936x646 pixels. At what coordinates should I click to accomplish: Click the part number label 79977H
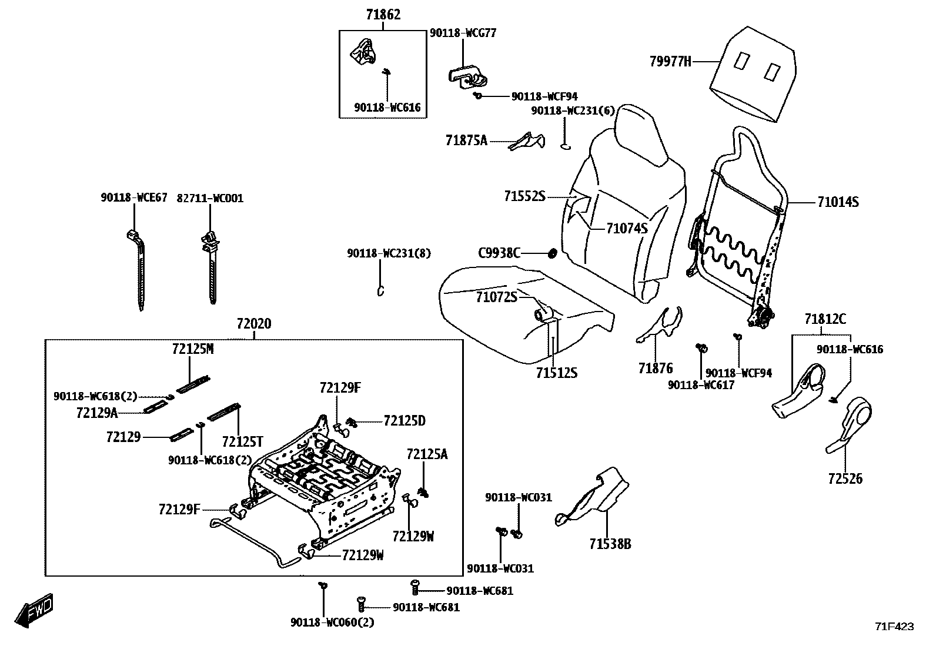tap(670, 61)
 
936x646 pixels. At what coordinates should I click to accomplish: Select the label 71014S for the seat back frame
tap(838, 202)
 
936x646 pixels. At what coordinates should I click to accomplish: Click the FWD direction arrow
tap(35, 611)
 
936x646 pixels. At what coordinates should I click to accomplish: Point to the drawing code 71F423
tap(894, 627)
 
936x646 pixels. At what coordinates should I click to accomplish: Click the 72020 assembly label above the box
tap(254, 324)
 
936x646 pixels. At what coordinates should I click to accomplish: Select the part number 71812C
tap(825, 320)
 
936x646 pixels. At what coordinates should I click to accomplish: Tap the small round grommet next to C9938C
tap(553, 253)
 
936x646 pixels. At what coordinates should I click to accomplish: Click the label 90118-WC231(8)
tap(389, 253)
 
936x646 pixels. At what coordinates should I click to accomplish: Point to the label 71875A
tap(466, 140)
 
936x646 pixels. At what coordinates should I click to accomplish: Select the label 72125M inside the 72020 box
tap(193, 349)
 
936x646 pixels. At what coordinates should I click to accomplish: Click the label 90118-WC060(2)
tap(332, 622)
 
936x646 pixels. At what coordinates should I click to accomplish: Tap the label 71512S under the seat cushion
tap(556, 373)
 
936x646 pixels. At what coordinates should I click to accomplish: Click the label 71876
tap(655, 369)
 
